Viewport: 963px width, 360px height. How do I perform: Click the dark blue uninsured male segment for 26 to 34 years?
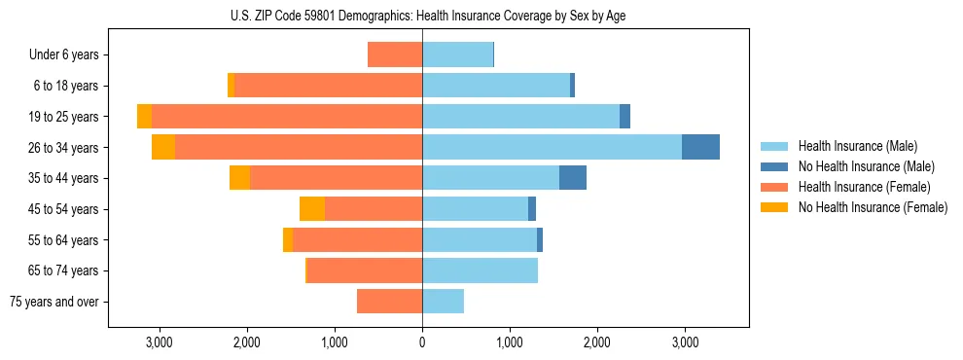tap(700, 147)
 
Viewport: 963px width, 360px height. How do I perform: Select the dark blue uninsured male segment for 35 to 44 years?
tap(573, 178)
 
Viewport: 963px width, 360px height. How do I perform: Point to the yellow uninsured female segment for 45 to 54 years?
tap(312, 208)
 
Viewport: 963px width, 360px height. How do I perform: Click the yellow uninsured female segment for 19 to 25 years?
tap(144, 116)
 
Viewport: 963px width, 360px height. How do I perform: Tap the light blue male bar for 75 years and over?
tap(443, 302)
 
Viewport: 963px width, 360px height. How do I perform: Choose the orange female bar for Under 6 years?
tap(395, 54)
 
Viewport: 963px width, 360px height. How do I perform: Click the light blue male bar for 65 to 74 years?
tap(480, 270)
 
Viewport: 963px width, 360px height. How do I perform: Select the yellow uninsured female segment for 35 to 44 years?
tap(239, 178)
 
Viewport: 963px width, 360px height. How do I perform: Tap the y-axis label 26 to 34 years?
tap(65, 147)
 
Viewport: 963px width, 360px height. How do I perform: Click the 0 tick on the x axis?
tap(422, 342)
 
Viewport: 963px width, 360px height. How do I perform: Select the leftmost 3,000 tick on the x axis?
tap(160, 342)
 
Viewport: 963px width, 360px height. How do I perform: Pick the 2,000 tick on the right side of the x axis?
tap(597, 342)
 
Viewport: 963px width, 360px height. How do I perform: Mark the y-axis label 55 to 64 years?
tap(65, 239)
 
